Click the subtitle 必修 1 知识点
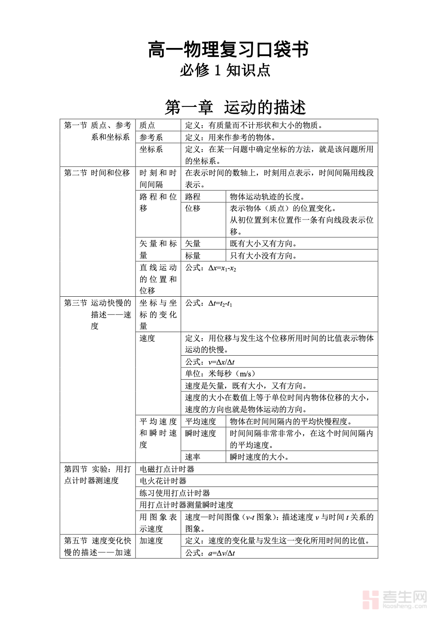pyautogui.click(x=225, y=71)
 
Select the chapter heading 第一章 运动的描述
pyautogui.click(x=235, y=108)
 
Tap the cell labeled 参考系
pyautogui.click(x=151, y=137)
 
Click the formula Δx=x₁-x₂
pyautogui.click(x=211, y=268)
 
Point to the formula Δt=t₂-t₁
pyautogui.click(x=209, y=304)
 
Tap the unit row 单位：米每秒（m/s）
pyautogui.click(x=220, y=374)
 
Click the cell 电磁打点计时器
pyautogui.click(x=167, y=469)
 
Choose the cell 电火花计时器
pyautogui.click(x=163, y=481)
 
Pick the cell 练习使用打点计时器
pyautogui.click(x=175, y=493)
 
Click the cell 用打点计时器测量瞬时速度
pyautogui.click(x=186, y=505)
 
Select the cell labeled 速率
pyautogui.click(x=193, y=457)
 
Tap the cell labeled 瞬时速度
pyautogui.click(x=201, y=434)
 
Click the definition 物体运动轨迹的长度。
pyautogui.click(x=267, y=197)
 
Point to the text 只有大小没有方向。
pyautogui.click(x=264, y=256)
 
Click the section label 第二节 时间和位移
pyautogui.click(x=97, y=173)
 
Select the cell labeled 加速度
pyautogui.click(x=151, y=541)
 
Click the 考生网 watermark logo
pyautogui.click(x=394, y=600)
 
